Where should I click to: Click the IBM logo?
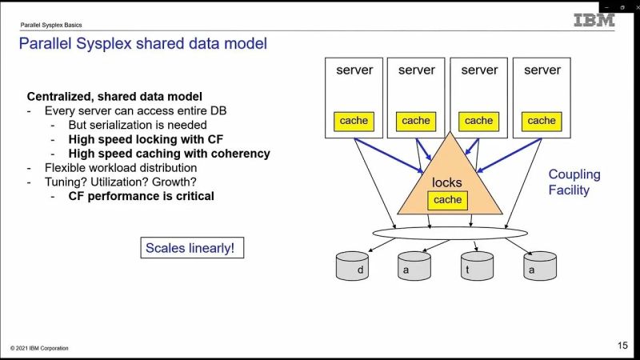[x=594, y=20]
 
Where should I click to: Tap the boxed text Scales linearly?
[x=190, y=248]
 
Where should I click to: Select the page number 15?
[x=622, y=346]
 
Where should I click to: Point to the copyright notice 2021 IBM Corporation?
[x=39, y=348]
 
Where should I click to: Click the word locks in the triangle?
[x=447, y=182]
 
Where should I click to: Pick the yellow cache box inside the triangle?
[x=447, y=200]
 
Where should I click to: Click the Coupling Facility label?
[x=574, y=182]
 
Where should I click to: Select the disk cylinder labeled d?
[x=353, y=266]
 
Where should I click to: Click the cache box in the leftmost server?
[x=354, y=121]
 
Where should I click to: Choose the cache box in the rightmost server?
[x=541, y=121]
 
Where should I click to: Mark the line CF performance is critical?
[x=141, y=196]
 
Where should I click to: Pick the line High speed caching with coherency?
[x=169, y=154]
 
